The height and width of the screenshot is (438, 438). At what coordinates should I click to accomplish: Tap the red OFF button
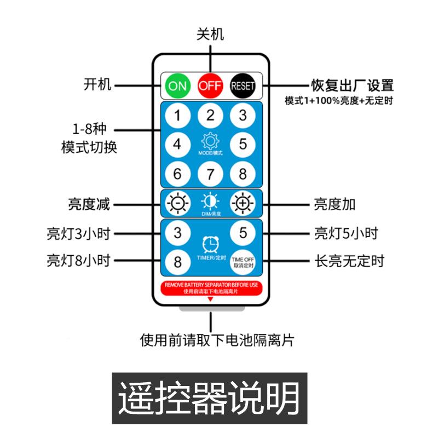click(x=210, y=85)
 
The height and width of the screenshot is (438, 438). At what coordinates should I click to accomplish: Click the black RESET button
click(x=243, y=85)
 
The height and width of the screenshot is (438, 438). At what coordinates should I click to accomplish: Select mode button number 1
click(x=177, y=116)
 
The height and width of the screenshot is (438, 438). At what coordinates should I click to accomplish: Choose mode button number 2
click(x=210, y=116)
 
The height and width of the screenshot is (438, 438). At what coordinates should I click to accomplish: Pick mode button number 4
click(x=177, y=145)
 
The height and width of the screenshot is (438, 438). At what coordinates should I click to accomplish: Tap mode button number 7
click(x=210, y=174)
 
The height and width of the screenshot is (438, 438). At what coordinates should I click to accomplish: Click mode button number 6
click(x=177, y=174)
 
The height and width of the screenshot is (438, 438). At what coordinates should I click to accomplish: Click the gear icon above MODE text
click(x=210, y=142)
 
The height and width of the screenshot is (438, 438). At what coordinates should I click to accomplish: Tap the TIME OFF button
click(x=243, y=261)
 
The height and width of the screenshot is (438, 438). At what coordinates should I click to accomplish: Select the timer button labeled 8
click(x=177, y=261)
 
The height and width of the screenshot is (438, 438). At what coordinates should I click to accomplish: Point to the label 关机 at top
click(x=210, y=34)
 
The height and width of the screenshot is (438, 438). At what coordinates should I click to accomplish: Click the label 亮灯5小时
click(x=345, y=233)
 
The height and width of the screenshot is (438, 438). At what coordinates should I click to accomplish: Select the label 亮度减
click(x=89, y=204)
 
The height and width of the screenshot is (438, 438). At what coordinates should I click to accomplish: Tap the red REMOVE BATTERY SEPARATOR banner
click(x=210, y=288)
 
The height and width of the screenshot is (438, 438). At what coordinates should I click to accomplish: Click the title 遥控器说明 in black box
click(x=210, y=398)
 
